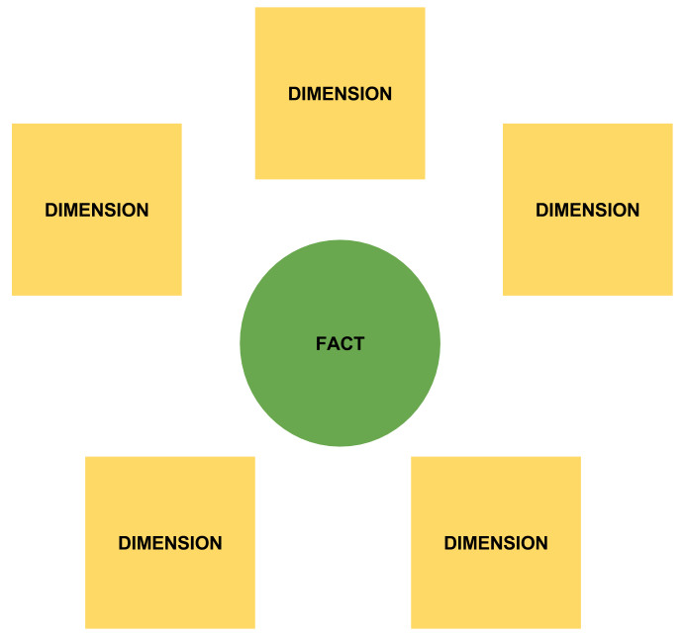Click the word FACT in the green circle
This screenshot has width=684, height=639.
coord(340,344)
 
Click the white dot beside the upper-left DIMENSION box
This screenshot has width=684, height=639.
coord(189,215)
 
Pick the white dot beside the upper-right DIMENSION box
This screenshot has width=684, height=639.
coord(496,215)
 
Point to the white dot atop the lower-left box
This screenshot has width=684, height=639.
coord(177,452)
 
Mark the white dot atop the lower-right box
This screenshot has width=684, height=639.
coord(488,451)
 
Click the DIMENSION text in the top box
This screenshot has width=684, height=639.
coord(340,94)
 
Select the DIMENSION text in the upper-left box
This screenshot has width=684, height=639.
coord(97,210)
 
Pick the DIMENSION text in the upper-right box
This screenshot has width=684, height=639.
coord(587,210)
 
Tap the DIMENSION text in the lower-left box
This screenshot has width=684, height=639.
coord(170,543)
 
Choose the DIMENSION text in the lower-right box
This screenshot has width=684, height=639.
coord(496,543)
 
